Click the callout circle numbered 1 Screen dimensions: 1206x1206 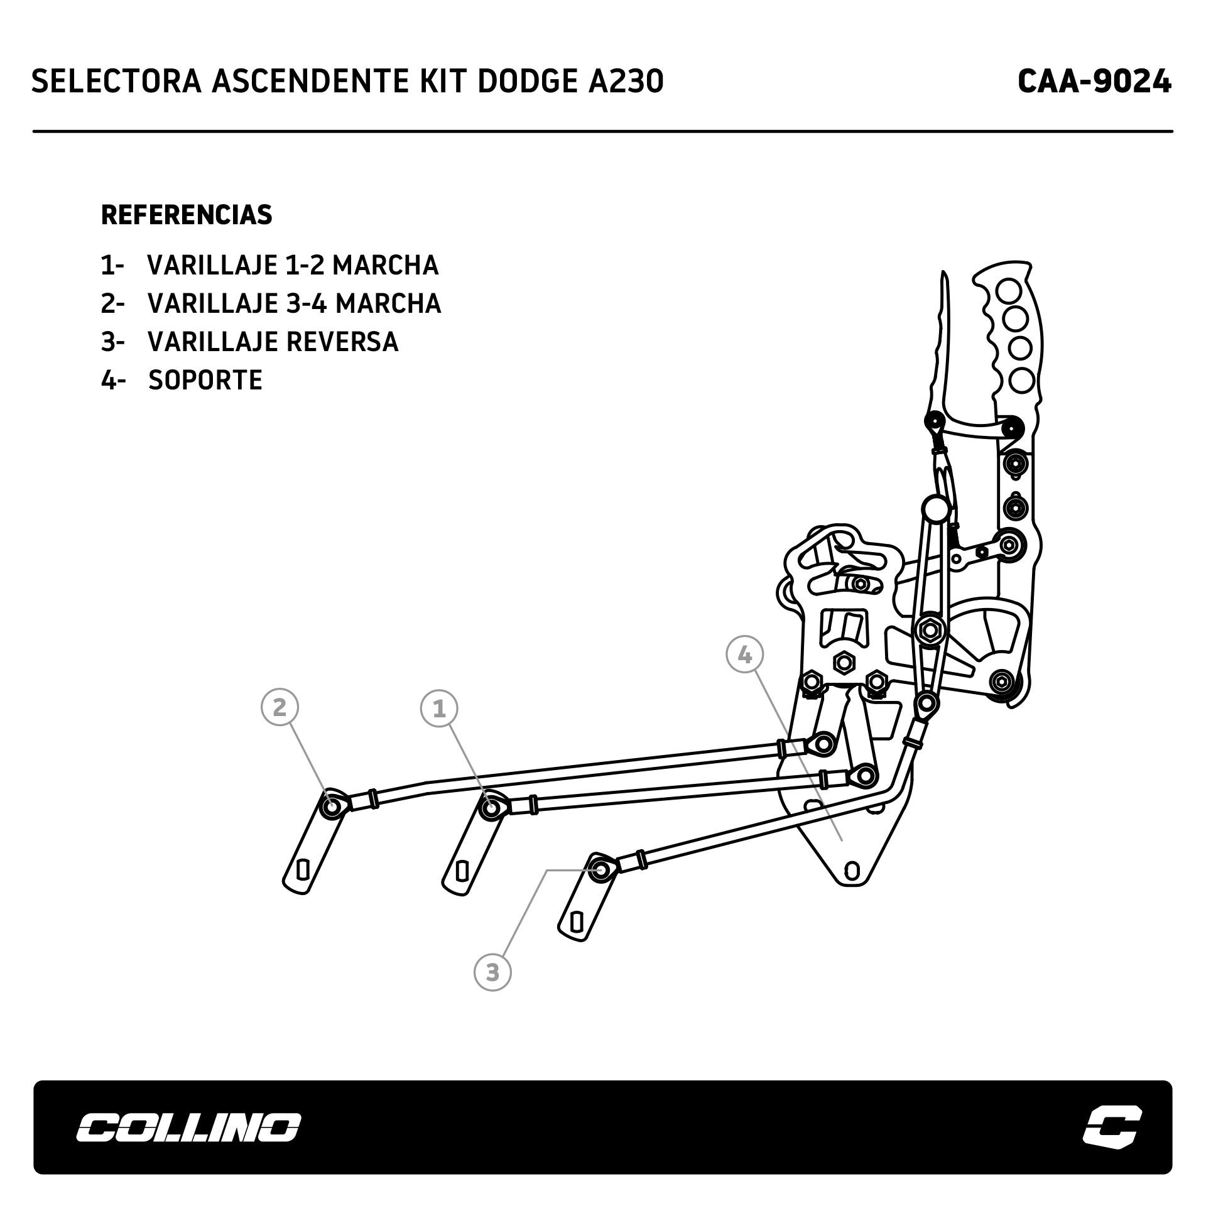[439, 709]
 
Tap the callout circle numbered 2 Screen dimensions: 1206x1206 [280, 707]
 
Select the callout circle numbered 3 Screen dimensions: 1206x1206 [492, 972]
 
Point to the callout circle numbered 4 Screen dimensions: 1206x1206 [744, 655]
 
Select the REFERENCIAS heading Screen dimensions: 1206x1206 [187, 215]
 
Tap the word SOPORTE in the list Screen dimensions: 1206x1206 [205, 381]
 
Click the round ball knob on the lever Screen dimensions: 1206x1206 [935, 508]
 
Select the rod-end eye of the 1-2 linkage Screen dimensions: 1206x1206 [490, 807]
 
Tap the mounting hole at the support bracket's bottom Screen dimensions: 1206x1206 [852, 871]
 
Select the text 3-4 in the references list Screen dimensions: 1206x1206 [303, 304]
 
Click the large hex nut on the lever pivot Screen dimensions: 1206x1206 [928, 630]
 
